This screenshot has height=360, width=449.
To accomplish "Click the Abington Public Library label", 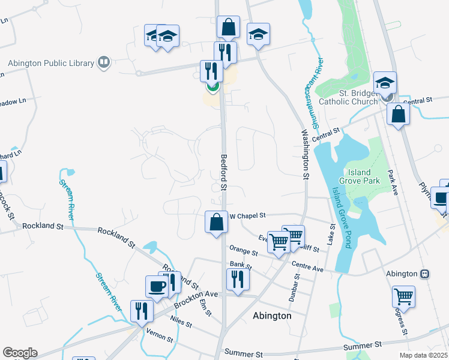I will [50, 63].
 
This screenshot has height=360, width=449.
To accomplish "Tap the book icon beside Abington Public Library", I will [104, 62].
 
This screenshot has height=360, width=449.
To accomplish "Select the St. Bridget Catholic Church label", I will [358, 97].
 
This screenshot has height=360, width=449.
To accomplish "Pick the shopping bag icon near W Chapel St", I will [216, 223].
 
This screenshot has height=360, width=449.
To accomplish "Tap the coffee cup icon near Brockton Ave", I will [157, 286].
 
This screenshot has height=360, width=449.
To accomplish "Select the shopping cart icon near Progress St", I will [403, 296].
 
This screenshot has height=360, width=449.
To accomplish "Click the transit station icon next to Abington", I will [424, 274].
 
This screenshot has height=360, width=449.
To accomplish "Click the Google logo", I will [20, 353].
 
